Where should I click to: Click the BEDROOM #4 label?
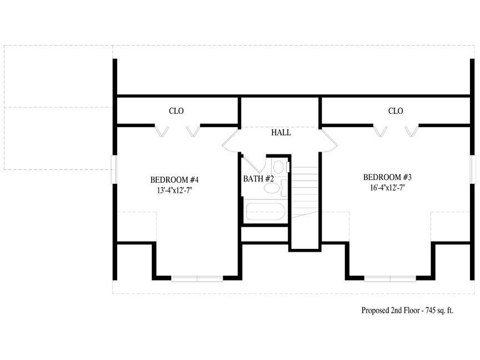pyautogui.click(x=174, y=179)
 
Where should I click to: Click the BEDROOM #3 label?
pyautogui.click(x=387, y=177)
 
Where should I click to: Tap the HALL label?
pyautogui.click(x=281, y=133)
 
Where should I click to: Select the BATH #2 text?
pyautogui.click(x=258, y=179)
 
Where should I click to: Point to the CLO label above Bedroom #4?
pyautogui.click(x=176, y=111)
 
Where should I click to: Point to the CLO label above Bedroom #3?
pyautogui.click(x=396, y=111)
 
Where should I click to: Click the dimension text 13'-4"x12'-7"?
pyautogui.click(x=174, y=191)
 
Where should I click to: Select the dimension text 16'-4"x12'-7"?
pyautogui.click(x=387, y=188)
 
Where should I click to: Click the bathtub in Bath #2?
pyautogui.click(x=266, y=212)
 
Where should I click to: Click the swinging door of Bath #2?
pyautogui.click(x=253, y=166)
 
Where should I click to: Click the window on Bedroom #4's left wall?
pyautogui.click(x=114, y=169)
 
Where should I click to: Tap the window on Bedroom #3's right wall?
pyautogui.click(x=473, y=169)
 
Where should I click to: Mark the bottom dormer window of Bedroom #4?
pyautogui.click(x=197, y=278)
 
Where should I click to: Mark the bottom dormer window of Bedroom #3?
pyautogui.click(x=390, y=278)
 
